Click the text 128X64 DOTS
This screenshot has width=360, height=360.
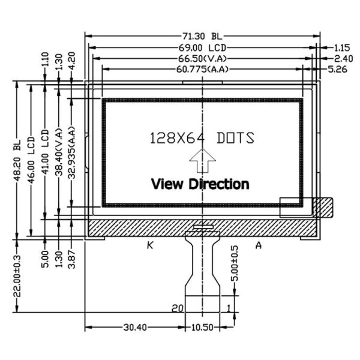coord(202,138)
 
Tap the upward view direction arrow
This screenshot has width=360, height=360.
coord(202,161)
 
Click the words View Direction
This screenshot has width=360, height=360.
coord(200,184)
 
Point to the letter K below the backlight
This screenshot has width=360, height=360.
coord(151,245)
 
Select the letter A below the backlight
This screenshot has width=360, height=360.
coord(259,245)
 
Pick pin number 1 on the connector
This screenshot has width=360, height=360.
coord(229,308)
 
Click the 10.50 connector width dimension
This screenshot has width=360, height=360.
coord(202,328)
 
